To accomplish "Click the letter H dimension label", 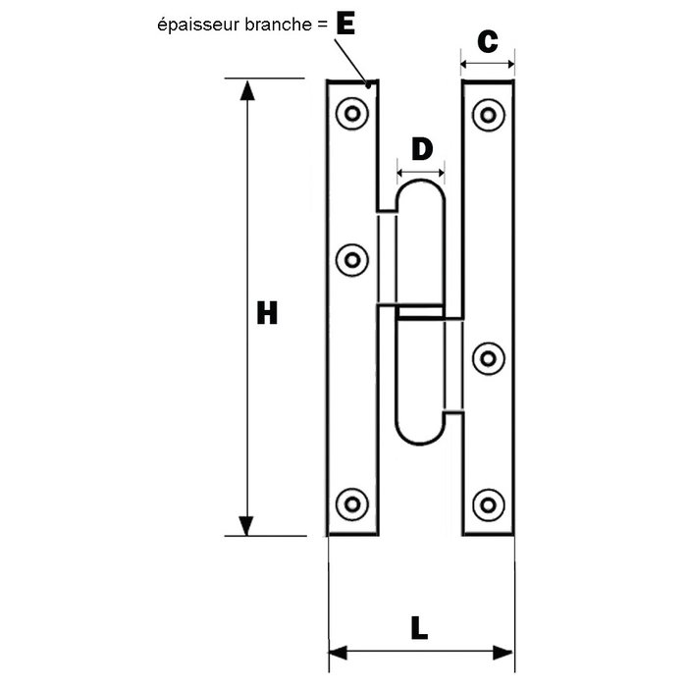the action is click(x=267, y=312).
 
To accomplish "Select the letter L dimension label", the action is click(x=419, y=628).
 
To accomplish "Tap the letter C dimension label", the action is click(x=488, y=41).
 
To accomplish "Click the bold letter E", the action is click(x=345, y=24).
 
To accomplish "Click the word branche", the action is click(x=278, y=25).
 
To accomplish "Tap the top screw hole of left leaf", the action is click(x=351, y=114).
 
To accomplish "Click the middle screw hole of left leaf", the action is click(x=351, y=260).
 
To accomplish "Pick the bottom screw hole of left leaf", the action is click(x=351, y=504).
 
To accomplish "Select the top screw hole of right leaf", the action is click(x=488, y=115).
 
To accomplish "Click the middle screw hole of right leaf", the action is click(x=488, y=359).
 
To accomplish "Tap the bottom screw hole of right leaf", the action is click(x=488, y=505).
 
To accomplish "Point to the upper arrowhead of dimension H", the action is click(x=247, y=90).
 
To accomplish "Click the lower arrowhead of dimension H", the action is click(x=246, y=526).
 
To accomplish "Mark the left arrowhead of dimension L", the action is click(x=338, y=653).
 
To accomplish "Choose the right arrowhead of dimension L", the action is click(x=502, y=653).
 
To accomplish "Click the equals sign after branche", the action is click(x=322, y=25).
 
